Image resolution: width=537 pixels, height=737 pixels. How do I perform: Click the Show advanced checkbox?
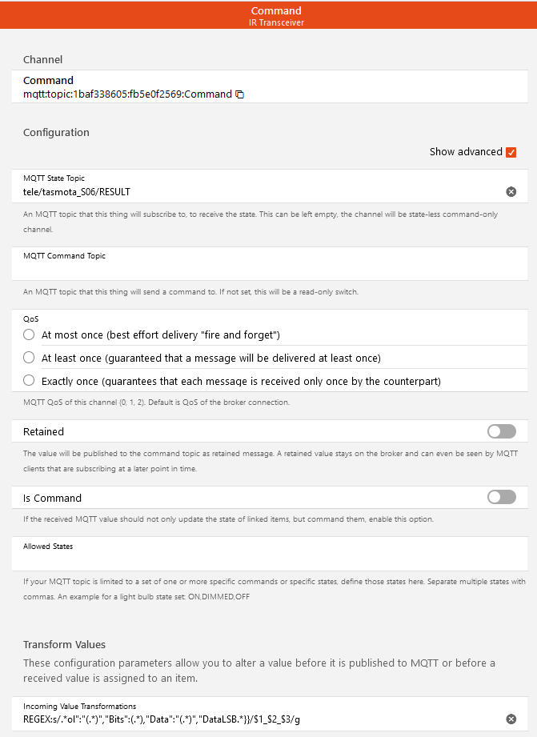click(x=511, y=152)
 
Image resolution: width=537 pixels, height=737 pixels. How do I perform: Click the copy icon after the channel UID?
click(x=239, y=94)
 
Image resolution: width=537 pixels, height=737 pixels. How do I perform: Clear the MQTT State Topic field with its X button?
click(x=511, y=192)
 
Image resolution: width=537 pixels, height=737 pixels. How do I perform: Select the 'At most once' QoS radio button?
click(x=30, y=334)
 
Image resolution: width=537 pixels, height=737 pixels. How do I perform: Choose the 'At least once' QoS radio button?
click(x=30, y=357)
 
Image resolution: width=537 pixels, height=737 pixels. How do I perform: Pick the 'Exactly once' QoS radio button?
click(x=30, y=380)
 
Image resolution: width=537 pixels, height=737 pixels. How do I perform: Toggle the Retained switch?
click(x=502, y=431)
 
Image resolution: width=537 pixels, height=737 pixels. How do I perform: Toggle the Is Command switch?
click(x=502, y=498)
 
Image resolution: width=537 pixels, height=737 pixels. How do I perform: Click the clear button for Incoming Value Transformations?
click(x=511, y=719)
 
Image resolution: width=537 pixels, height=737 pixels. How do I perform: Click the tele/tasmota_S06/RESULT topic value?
click(x=77, y=192)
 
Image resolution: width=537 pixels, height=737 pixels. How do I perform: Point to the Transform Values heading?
click(x=65, y=644)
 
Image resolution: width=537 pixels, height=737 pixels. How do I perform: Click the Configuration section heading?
click(x=56, y=132)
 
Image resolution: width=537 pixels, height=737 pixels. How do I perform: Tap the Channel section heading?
click(x=42, y=59)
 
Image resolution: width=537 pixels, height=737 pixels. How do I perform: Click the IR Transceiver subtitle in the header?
click(x=276, y=22)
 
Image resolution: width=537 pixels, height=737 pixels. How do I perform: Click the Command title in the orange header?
click(x=276, y=10)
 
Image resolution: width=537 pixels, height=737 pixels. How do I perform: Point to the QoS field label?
click(x=31, y=318)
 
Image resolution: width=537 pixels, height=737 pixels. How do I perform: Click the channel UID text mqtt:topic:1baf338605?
click(x=127, y=94)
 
